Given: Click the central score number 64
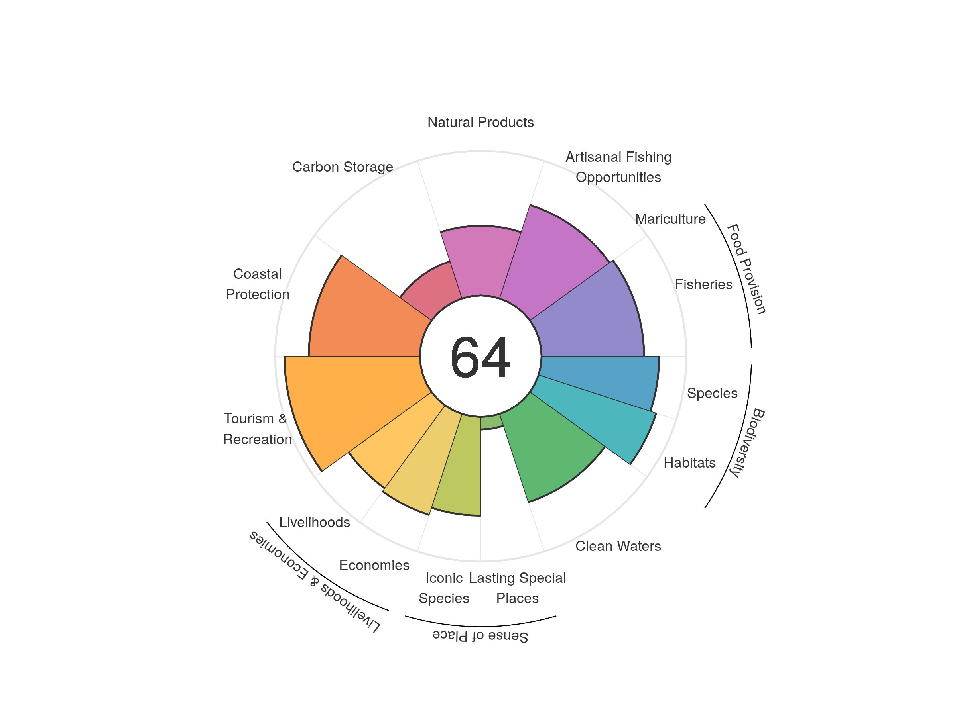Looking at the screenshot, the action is (480, 357).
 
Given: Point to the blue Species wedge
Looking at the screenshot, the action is (601, 376).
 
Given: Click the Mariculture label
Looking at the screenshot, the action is (670, 219).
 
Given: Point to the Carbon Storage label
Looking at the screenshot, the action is (343, 167).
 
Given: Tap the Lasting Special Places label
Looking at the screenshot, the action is (518, 588).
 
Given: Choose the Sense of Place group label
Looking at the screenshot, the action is (480, 636).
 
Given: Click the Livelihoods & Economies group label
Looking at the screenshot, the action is (315, 581).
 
